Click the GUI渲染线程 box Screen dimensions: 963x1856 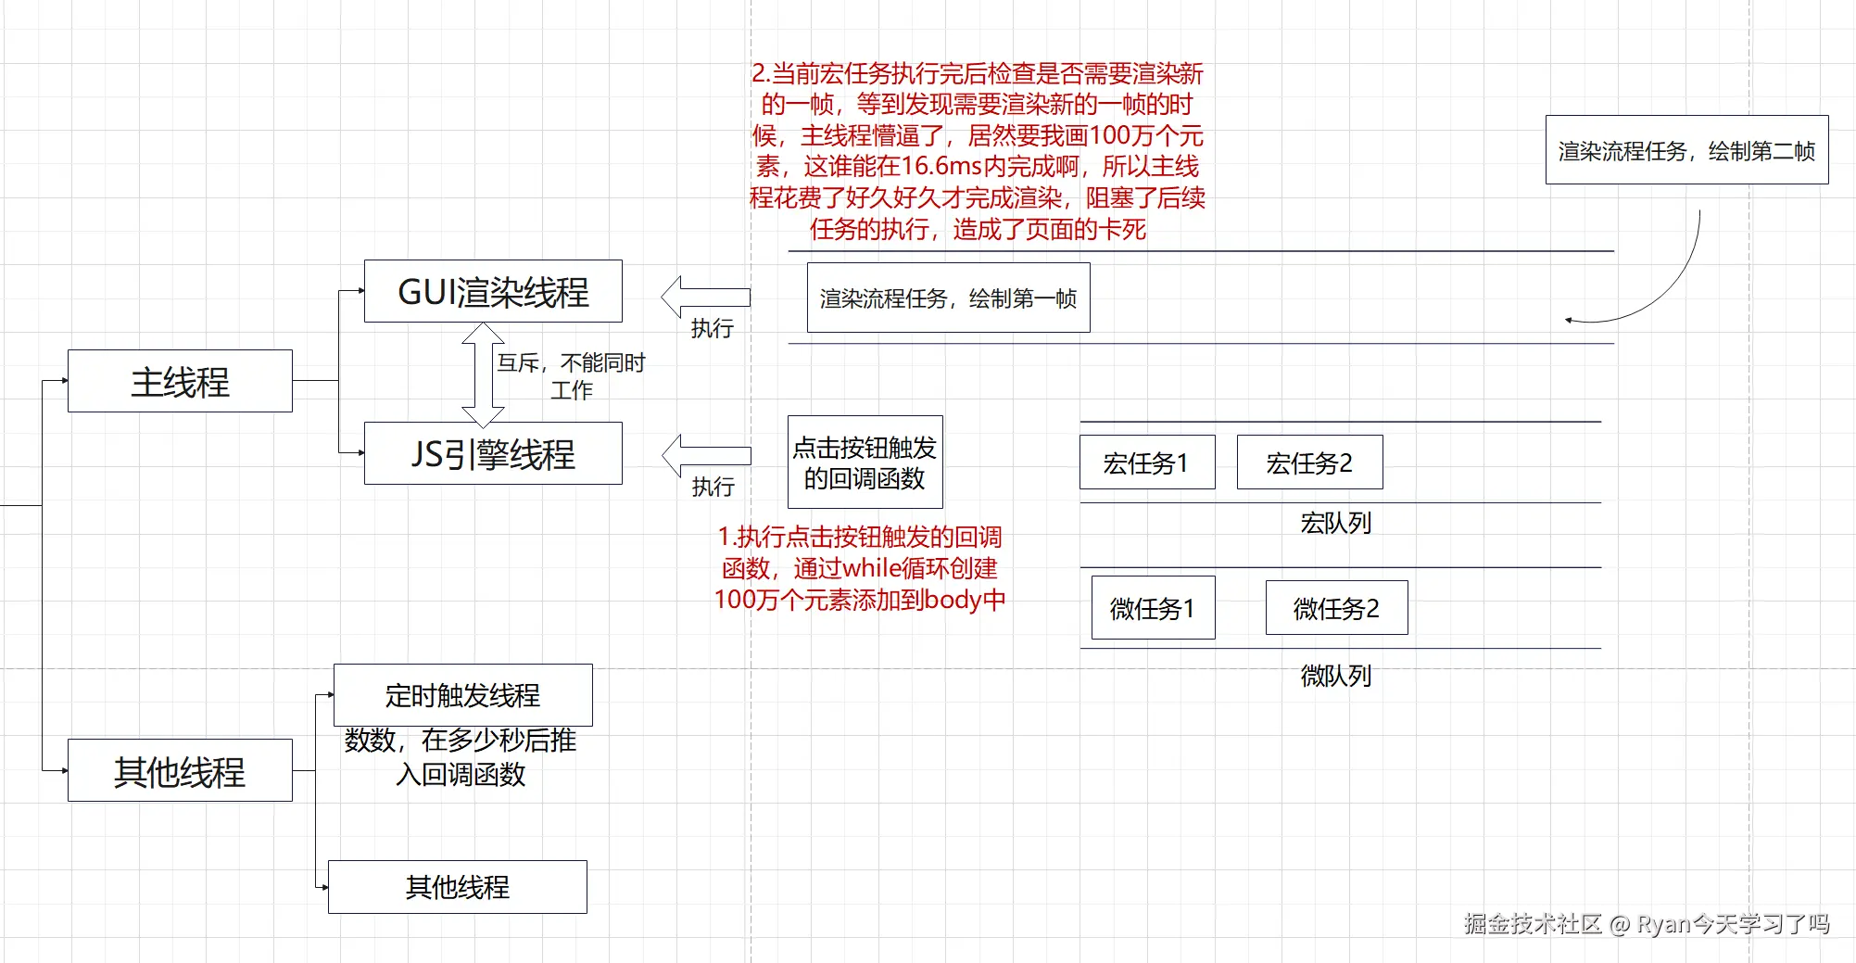pos(493,291)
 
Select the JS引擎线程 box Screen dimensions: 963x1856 pos(493,453)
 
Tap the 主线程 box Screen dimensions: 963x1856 pos(180,381)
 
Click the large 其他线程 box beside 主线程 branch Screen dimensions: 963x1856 pos(180,770)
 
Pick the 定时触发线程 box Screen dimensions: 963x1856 pos(462,695)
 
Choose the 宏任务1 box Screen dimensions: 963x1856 pos(1147,462)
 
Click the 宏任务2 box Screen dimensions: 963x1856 pos(1309,462)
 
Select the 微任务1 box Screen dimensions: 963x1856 pos(1153,608)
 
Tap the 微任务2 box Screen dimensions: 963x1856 pos(1336,608)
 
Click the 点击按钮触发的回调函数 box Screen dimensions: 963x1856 pos(865,462)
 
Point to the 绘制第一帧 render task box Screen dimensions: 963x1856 pos(948,298)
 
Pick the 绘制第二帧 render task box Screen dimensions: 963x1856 pos(1686,150)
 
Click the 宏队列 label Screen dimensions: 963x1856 pos(1335,524)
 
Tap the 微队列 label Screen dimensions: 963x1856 pos(1335,676)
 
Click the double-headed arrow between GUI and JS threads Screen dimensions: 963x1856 pos(483,374)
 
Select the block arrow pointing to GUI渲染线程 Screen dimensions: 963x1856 pos(705,297)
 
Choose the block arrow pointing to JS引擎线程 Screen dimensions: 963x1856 pos(706,455)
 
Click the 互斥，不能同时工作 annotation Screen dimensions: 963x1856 pos(571,375)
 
